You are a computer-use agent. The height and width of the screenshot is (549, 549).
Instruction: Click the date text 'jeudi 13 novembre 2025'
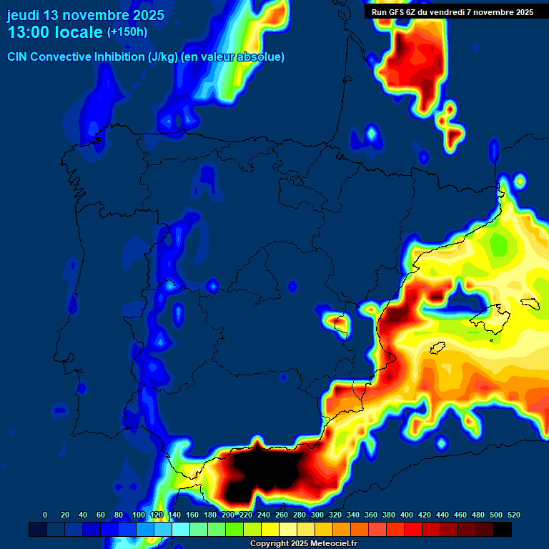tap(85, 15)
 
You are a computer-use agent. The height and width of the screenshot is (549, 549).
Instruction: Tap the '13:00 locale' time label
tap(55, 32)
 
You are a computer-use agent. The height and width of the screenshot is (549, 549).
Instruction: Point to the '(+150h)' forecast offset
tap(127, 32)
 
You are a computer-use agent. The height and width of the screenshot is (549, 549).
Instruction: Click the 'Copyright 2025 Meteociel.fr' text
tap(303, 543)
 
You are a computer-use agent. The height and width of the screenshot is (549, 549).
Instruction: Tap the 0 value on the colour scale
tap(45, 515)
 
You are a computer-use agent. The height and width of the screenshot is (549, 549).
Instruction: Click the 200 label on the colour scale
tap(227, 515)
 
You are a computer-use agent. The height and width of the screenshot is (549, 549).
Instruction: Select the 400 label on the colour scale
tap(407, 515)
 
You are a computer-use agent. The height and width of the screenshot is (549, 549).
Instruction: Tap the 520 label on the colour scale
tap(513, 515)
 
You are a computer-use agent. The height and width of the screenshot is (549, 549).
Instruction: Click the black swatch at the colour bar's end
tap(503, 529)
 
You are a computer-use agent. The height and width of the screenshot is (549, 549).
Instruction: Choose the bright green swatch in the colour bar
tap(234, 529)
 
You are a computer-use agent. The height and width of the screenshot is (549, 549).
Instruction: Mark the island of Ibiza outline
tap(437, 349)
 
